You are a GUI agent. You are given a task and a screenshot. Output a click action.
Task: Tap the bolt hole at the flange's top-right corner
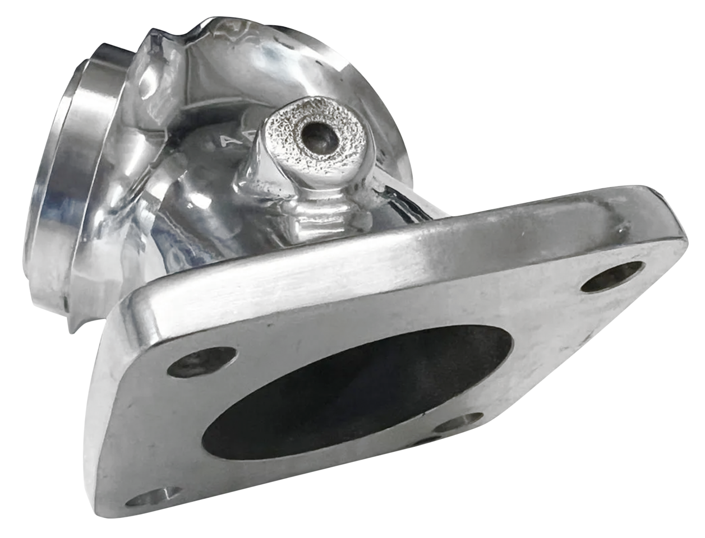coord(611,276)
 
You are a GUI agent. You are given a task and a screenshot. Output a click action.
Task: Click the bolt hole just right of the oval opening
coord(460,421)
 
